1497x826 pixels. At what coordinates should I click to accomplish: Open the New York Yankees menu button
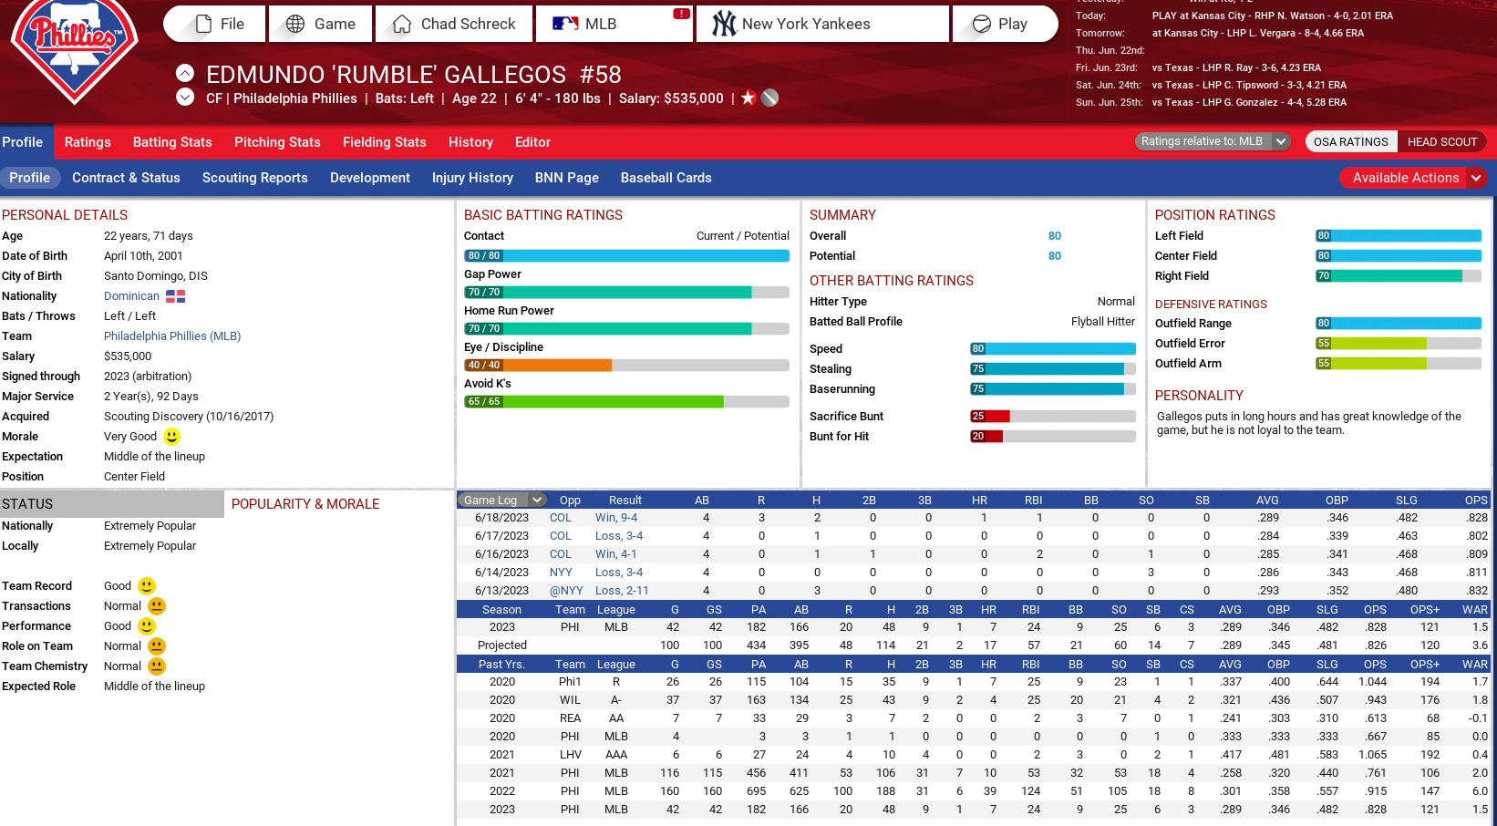point(821,25)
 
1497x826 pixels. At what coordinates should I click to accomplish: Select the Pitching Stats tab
point(277,142)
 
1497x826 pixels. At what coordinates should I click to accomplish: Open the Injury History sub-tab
point(472,178)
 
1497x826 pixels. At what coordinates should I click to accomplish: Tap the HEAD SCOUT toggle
point(1441,142)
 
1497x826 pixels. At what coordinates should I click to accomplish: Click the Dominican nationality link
point(131,296)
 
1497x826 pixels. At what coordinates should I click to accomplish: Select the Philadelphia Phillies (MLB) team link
point(172,336)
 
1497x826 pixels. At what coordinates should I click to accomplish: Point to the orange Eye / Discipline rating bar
point(539,366)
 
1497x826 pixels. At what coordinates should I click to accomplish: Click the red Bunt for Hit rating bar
point(986,437)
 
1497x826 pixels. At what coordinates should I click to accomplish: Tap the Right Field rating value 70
point(1324,276)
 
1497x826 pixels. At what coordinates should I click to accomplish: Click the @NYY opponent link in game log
point(566,591)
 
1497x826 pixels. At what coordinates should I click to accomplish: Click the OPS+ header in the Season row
point(1424,610)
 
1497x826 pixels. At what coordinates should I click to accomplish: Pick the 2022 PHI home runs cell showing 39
point(989,791)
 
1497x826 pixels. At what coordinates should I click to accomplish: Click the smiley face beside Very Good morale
point(171,437)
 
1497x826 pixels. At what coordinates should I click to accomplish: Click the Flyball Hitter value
point(1102,322)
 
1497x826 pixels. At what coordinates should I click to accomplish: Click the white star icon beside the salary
point(748,98)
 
